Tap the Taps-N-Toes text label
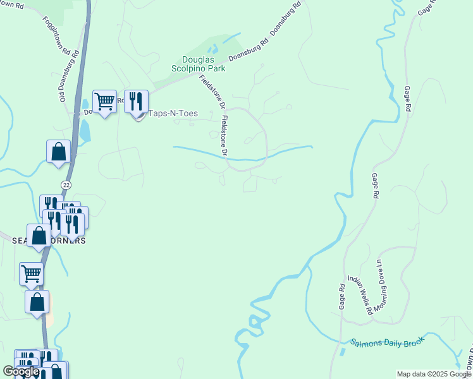(173, 114)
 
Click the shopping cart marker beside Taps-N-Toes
(104, 101)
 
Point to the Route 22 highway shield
(66, 184)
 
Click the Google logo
(21, 371)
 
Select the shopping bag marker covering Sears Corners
(39, 236)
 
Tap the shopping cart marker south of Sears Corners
(31, 274)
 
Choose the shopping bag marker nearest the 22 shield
(58, 152)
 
